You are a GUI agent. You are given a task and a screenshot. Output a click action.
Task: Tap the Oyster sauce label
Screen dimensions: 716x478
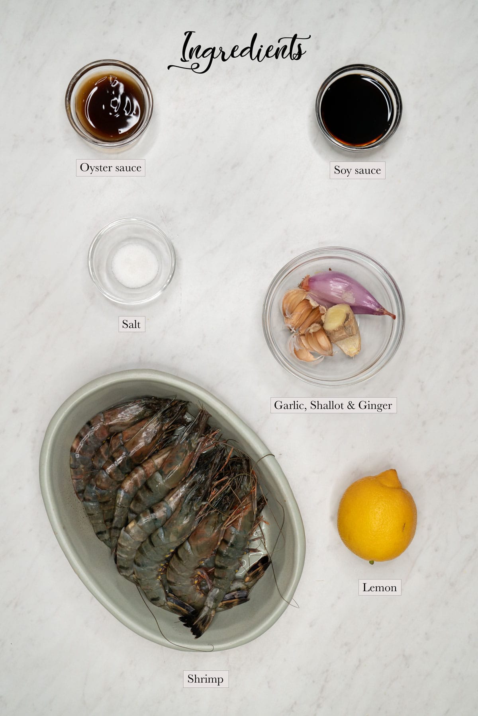(110, 168)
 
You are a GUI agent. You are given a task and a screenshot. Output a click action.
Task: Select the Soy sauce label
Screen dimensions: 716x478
(357, 170)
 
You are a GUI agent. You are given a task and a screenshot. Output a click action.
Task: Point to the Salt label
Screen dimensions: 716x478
(131, 324)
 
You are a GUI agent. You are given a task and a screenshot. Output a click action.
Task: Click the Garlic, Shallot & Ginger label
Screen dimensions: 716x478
(333, 405)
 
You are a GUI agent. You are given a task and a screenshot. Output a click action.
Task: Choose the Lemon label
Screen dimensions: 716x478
(379, 587)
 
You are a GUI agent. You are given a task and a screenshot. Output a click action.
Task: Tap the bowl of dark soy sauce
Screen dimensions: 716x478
(358, 107)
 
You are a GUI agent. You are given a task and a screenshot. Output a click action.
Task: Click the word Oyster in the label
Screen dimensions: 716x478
(94, 168)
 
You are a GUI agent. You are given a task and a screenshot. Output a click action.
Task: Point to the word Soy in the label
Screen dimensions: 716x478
(342, 171)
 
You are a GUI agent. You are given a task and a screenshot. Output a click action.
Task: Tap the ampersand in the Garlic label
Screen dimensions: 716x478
(350, 405)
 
